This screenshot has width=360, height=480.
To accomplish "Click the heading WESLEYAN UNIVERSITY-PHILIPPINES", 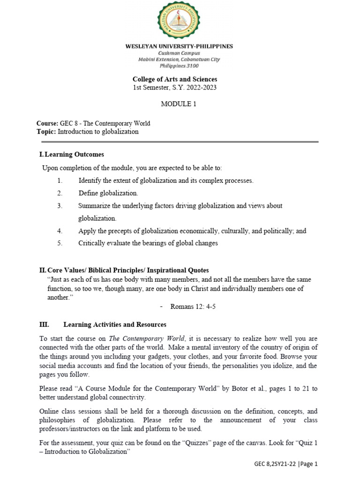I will pyautogui.click(x=178, y=46).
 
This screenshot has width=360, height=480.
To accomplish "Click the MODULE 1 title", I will pyautogui.click(x=179, y=104).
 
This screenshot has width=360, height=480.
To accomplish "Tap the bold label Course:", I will pyautogui.click(x=47, y=124).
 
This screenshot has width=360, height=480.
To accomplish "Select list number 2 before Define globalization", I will pyautogui.click(x=60, y=193).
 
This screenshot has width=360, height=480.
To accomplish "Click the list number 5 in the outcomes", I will pyautogui.click(x=60, y=243).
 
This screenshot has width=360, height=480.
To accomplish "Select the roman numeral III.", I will pyautogui.click(x=43, y=324).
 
